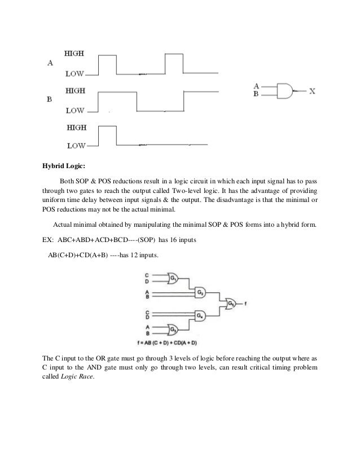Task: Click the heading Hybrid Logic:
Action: click(x=63, y=167)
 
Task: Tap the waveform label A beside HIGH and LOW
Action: click(x=50, y=63)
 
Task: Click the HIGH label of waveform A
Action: click(x=75, y=54)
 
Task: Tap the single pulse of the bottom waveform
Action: click(x=107, y=137)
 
